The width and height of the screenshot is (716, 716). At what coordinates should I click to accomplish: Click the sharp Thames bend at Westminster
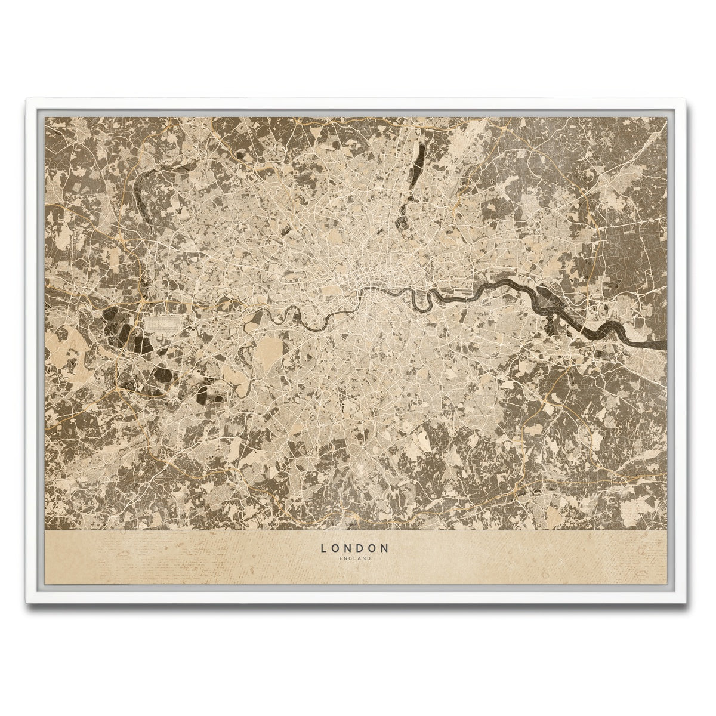[365, 292]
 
